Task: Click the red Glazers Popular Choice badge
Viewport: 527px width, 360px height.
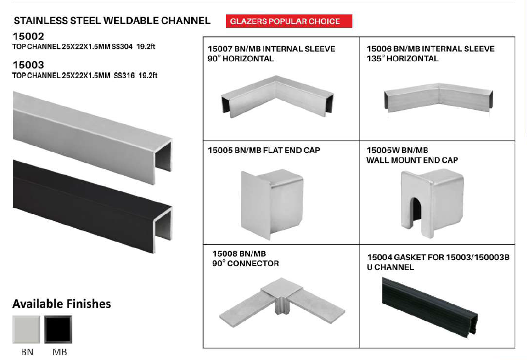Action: point(289,21)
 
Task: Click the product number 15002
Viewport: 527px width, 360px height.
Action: point(28,36)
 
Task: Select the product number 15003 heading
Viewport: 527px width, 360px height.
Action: point(28,65)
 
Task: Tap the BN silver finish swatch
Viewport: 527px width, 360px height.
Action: point(26,329)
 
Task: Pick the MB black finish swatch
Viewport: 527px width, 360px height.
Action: point(58,329)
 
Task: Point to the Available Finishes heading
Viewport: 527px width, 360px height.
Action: point(62,304)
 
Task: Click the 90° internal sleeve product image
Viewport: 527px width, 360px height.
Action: point(277,97)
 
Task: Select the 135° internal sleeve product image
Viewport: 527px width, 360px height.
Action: point(439,98)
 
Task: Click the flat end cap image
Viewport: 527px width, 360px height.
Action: point(272,204)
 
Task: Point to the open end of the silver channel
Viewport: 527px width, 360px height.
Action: point(163,159)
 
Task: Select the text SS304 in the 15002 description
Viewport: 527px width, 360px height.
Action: point(122,47)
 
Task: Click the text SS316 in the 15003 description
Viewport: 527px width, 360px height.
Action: point(124,76)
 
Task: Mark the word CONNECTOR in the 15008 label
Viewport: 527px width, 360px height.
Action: point(253,264)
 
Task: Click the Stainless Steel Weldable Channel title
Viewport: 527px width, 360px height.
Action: point(112,21)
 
